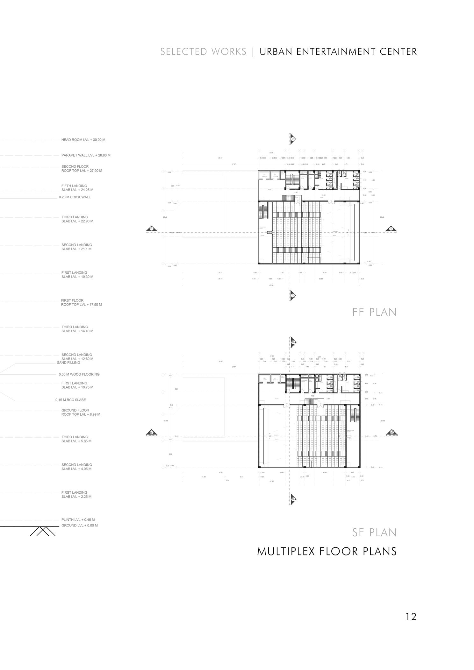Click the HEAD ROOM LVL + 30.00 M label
pos(83,140)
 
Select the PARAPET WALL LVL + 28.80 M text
pos(86,155)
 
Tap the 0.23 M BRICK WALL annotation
pos(75,197)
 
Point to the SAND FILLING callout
pos(68,363)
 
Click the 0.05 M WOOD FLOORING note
pos(79,374)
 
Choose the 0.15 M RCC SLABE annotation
pos(70,400)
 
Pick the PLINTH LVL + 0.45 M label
pos(78,520)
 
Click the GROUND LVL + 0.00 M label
pos(79,525)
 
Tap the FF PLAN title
pos(374,312)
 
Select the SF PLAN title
pos(374,532)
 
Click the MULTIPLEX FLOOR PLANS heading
pos(327,552)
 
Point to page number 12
pos(411,617)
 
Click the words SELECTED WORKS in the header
pos(203,52)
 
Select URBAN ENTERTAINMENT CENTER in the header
pos(338,52)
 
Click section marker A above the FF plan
pos(293,138)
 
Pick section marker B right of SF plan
pos(391,432)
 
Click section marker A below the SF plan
pos(293,499)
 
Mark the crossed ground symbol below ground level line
pos(43,531)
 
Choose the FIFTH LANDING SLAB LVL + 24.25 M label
pos(77,188)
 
